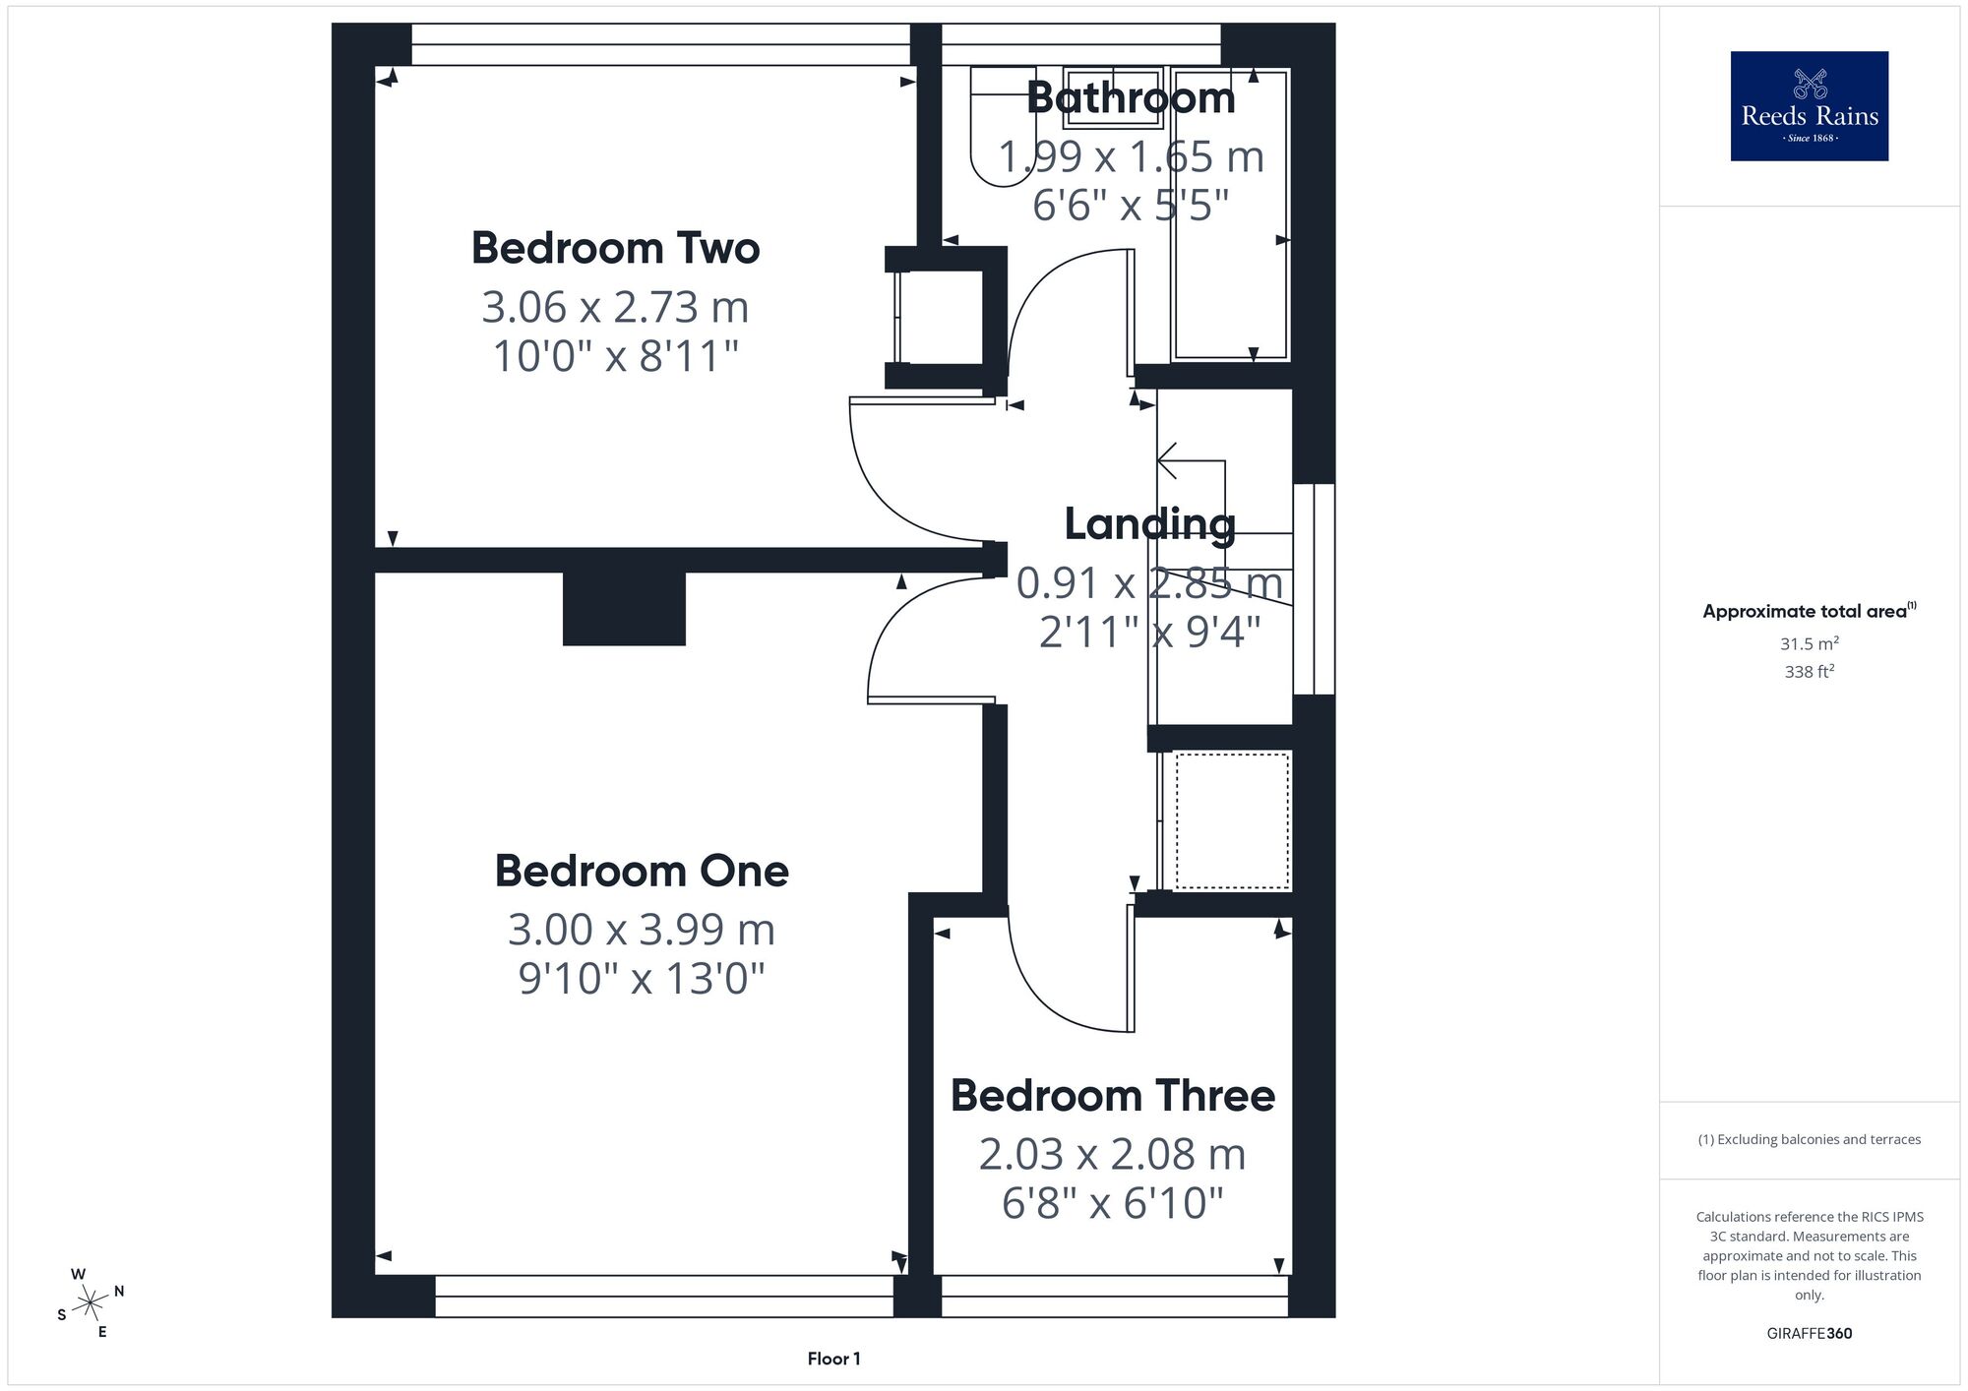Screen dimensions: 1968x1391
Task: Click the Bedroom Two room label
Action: (x=615, y=248)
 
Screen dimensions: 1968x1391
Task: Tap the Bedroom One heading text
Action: (x=642, y=871)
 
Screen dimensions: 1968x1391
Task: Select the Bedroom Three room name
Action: (x=1113, y=1095)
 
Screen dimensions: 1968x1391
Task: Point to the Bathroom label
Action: (x=1131, y=97)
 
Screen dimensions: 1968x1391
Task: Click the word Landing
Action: (x=1149, y=524)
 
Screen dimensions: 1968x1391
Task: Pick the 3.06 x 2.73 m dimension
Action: (x=615, y=307)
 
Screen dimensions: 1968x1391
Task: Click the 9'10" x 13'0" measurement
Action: (x=642, y=978)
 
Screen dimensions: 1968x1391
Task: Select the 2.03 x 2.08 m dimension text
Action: (x=1113, y=1154)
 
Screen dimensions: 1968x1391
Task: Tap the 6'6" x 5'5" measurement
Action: (x=1131, y=205)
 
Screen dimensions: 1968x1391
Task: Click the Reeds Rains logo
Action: (x=1810, y=106)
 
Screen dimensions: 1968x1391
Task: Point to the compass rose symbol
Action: (x=91, y=1303)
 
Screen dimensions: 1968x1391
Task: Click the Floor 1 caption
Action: (x=833, y=1359)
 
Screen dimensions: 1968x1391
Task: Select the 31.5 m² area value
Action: (x=1810, y=643)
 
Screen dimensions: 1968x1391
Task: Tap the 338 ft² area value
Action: (x=1810, y=672)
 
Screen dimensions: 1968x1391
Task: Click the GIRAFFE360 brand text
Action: (x=1810, y=1334)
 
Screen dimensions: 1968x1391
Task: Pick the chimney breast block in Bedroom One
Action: (x=624, y=609)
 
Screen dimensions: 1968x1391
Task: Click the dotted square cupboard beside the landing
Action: (x=1233, y=820)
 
